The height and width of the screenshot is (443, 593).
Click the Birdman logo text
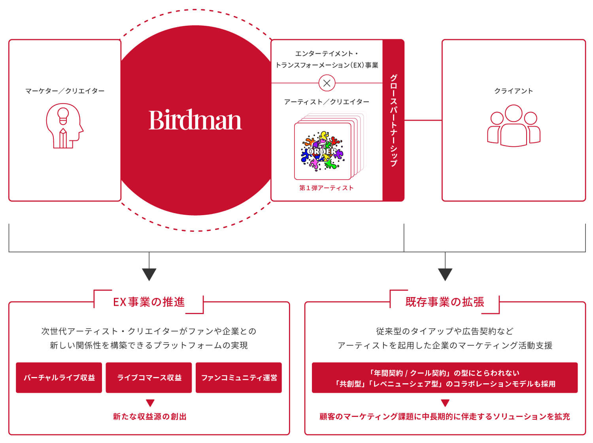195,119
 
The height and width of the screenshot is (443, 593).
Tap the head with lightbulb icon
64,126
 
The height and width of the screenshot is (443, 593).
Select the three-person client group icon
513,126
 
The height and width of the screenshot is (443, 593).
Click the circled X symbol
327,83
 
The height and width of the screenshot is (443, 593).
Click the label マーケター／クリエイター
65,91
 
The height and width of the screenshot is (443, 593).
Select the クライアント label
513,91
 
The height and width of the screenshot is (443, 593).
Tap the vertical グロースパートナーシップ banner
393,120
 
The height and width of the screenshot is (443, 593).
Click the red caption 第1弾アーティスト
327,188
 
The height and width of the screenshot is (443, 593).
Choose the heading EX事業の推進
149,302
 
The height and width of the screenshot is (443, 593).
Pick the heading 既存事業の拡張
445,302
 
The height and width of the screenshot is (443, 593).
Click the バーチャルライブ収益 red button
59,377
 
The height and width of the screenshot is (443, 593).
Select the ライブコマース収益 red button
149,377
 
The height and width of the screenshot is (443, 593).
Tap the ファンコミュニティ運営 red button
239,377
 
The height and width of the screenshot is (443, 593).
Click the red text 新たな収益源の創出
150,416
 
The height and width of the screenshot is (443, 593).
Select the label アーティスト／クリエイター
327,102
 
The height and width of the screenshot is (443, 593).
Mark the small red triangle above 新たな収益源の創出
150,403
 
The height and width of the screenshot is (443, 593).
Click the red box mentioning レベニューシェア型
445,377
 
